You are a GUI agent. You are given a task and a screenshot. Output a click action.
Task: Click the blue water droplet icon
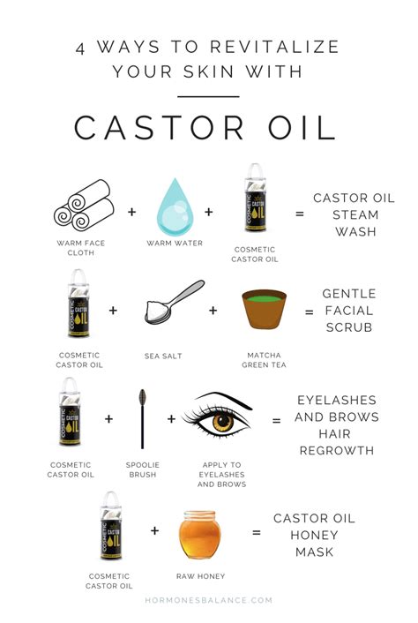coord(175,207)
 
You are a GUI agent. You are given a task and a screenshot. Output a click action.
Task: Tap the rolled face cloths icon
coord(84,205)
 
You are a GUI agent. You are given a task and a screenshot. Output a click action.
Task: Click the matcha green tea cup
coord(264,309)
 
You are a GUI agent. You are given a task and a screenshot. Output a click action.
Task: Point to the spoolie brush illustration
coord(142,419)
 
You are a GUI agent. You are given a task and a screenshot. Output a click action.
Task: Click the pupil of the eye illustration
coord(223,420)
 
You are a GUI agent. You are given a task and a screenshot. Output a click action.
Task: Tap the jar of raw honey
coord(199,535)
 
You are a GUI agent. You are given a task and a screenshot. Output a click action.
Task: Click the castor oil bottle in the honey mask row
coord(111,526)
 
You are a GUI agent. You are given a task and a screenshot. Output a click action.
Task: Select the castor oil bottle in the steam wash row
coord(255,198)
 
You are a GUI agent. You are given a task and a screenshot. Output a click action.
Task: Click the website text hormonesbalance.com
coord(208,600)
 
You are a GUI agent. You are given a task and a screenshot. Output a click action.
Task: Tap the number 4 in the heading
coord(80,49)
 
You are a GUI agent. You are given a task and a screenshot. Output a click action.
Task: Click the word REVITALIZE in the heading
coord(274,47)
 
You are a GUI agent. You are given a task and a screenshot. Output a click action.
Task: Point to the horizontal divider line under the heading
coord(208,96)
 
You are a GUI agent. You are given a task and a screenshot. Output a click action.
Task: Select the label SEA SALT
coord(163,356)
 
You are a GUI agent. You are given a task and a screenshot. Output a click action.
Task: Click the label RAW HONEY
coord(200,576)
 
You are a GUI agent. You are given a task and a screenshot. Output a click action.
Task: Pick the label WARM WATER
coord(175,243)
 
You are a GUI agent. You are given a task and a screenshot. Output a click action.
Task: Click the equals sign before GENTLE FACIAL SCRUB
coord(310,312)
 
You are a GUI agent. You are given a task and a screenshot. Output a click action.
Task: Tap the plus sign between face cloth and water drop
coord(131,212)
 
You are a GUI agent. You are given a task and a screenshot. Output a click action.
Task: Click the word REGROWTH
coord(337,451)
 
